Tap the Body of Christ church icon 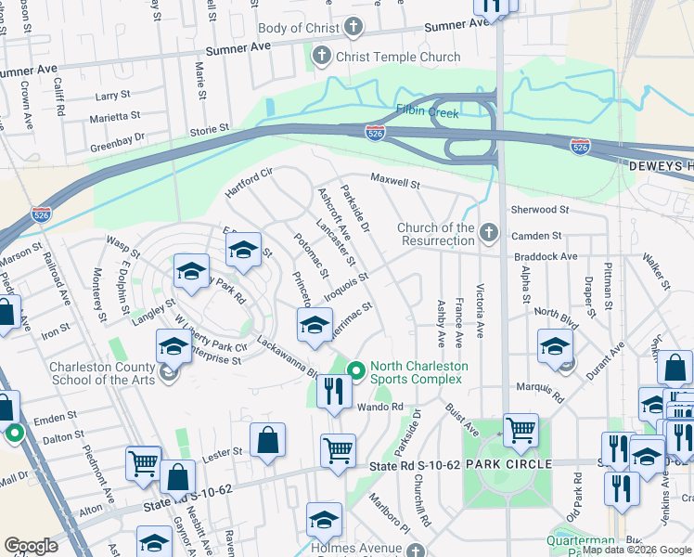[x=353, y=29]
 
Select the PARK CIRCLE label [x=509, y=463]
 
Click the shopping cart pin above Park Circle [x=520, y=430]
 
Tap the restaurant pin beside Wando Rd [x=332, y=392]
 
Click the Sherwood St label [x=539, y=211]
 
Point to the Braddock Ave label [x=545, y=257]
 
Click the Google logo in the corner [x=31, y=546]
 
